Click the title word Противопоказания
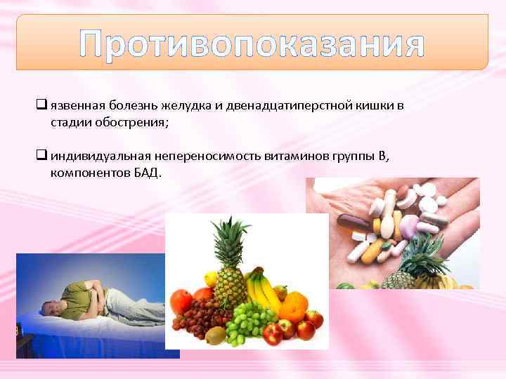click(x=252, y=44)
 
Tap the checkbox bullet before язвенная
click(x=41, y=107)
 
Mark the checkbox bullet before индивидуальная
click(x=41, y=156)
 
